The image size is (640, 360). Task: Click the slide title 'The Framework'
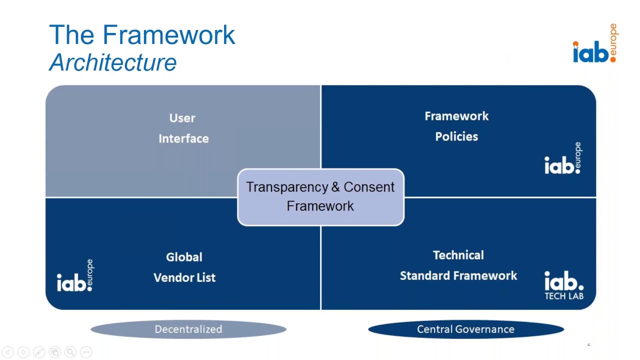click(142, 35)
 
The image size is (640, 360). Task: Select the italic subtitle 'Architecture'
click(113, 63)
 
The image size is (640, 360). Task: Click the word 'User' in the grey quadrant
click(182, 118)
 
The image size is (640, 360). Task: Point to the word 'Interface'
click(183, 139)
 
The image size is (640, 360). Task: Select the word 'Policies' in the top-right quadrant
click(456, 137)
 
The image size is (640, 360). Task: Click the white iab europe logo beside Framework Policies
click(563, 159)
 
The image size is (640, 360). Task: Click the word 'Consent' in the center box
click(369, 187)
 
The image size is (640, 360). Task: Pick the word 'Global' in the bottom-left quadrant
click(184, 257)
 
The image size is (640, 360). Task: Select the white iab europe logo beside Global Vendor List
click(75, 276)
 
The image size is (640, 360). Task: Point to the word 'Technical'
click(458, 255)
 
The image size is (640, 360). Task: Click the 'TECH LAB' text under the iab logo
click(563, 296)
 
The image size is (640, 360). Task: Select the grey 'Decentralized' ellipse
click(188, 329)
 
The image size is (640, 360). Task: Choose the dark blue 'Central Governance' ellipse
click(465, 329)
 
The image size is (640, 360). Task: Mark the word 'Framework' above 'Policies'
click(456, 116)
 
